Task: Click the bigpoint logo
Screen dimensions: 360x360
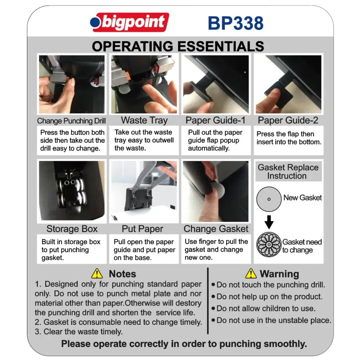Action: [130, 22]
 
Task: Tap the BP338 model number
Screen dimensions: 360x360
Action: [236, 23]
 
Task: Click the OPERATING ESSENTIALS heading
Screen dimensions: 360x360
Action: [178, 46]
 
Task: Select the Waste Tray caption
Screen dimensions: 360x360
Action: [144, 120]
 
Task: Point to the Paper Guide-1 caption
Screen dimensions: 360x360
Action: [215, 120]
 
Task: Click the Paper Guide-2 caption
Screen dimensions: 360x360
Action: [288, 120]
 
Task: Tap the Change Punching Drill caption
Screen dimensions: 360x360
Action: [72, 121]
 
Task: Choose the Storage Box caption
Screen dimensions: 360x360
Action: [72, 229]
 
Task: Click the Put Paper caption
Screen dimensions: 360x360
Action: [142, 229]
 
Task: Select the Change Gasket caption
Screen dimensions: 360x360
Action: [216, 229]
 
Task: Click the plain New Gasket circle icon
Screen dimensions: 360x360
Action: [269, 199]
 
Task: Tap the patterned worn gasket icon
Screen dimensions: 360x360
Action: [269, 244]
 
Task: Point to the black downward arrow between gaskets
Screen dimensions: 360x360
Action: [269, 222]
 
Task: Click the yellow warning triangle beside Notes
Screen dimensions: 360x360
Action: [97, 274]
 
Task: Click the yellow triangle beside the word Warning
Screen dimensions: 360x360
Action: [251, 274]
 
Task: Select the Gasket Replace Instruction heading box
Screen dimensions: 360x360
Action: [288, 172]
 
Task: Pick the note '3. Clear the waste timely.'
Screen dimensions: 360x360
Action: [78, 332]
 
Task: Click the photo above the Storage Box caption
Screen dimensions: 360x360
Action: [72, 191]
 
